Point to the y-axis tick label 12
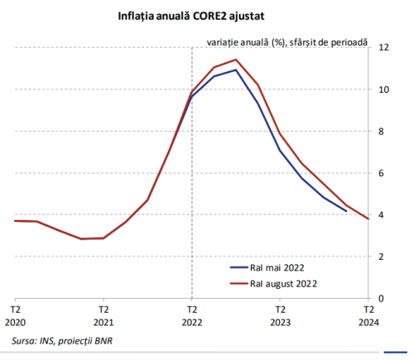[x=383, y=48]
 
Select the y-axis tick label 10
[x=383, y=89]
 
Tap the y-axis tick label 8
[x=383, y=132]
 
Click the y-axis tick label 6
[x=383, y=173]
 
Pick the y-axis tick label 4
[x=383, y=215]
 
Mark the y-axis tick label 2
[x=383, y=257]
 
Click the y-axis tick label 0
[x=383, y=299]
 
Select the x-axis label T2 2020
[x=15, y=319]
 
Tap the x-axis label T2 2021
[x=103, y=319]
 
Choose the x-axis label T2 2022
[x=191, y=319]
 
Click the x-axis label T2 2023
[x=280, y=319]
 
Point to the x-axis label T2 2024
[x=368, y=319]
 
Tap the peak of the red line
[x=236, y=60]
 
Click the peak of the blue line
[x=236, y=70]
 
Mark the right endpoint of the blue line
[x=346, y=211]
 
